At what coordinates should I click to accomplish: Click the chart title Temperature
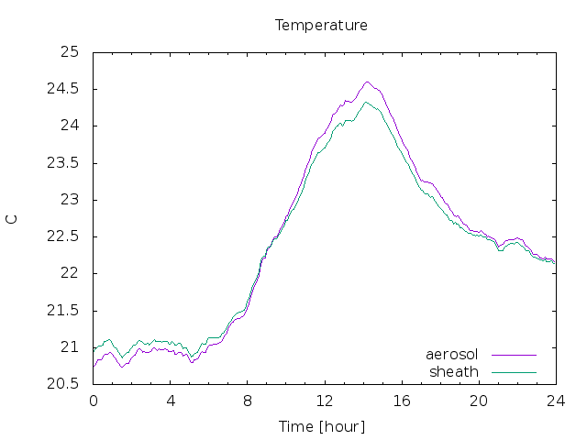click(x=321, y=26)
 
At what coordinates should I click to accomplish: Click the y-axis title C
click(x=12, y=219)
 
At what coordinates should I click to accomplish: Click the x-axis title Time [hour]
click(x=322, y=427)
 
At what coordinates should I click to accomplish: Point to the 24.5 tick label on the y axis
click(x=63, y=89)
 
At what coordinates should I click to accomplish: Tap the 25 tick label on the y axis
click(x=70, y=51)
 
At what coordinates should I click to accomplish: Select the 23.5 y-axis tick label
click(x=63, y=163)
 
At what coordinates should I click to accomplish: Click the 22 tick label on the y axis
click(x=70, y=273)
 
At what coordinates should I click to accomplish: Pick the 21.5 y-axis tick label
click(x=63, y=310)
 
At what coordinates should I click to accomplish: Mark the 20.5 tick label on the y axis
click(x=63, y=383)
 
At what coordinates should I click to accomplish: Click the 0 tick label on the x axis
click(x=94, y=401)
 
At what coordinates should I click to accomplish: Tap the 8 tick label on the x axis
click(x=248, y=401)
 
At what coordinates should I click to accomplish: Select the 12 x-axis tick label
click(x=325, y=401)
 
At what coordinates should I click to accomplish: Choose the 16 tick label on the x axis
click(x=402, y=401)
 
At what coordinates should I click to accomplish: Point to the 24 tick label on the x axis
click(x=556, y=401)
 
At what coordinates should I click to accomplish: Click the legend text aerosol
click(x=452, y=355)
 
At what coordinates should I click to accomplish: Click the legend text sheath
click(x=454, y=372)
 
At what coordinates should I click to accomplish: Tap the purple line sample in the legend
click(x=514, y=355)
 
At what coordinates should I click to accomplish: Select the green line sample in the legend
click(x=514, y=373)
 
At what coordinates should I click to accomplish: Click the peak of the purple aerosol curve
click(x=367, y=82)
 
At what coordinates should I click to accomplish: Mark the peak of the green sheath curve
click(x=366, y=102)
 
